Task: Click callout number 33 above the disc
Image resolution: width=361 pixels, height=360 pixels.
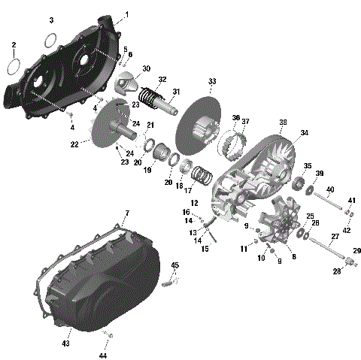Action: pos(212,81)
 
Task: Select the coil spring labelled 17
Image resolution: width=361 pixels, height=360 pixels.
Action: pos(199,177)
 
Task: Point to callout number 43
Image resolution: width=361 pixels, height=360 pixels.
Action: pos(65,343)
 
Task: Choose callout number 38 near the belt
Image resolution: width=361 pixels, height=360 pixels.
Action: pos(283,123)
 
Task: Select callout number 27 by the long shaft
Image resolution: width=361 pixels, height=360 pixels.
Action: pos(335,237)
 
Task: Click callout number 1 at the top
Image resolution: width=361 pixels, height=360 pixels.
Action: pos(126,14)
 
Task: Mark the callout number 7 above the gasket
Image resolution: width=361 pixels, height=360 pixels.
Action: pos(127,214)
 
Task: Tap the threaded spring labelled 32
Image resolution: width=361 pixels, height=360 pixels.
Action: pos(155,99)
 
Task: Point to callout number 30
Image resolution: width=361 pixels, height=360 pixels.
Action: pos(147,68)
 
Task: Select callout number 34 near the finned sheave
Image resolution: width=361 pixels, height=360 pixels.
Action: pos(304,133)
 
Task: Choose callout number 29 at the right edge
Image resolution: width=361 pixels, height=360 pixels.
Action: pos(357,250)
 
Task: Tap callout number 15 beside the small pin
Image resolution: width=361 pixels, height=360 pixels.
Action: pos(204,248)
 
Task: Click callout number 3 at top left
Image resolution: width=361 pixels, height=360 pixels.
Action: pos(51,19)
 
